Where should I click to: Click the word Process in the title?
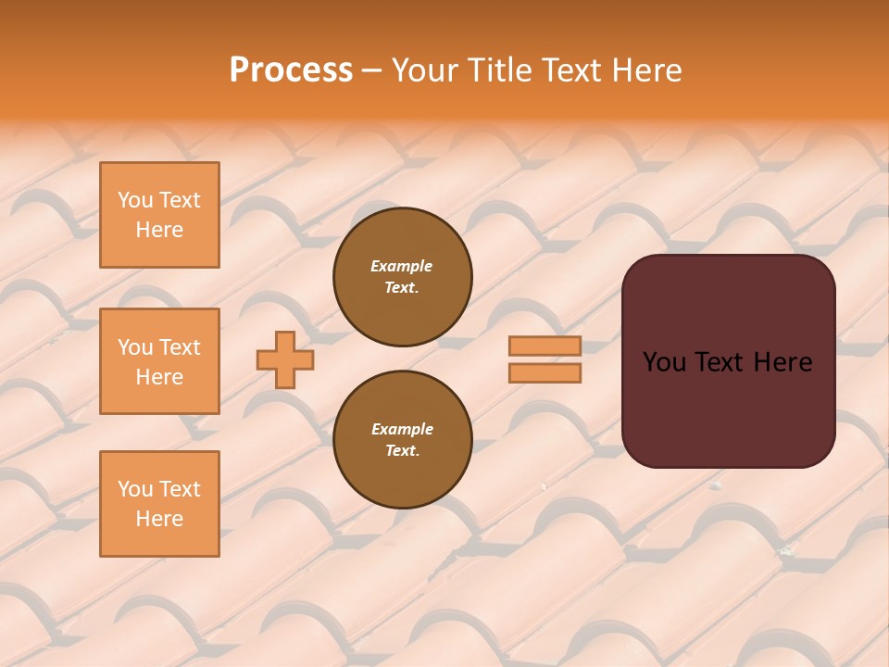[291, 70]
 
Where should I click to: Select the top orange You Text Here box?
[159, 215]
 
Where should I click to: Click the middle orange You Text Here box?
[159, 361]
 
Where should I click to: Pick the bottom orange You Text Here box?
[159, 504]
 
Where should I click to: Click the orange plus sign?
[285, 359]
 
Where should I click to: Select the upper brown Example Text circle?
[403, 277]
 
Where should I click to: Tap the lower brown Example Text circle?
[403, 440]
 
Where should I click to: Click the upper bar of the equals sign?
[545, 346]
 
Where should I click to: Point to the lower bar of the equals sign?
[545, 372]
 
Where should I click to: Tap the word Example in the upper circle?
[401, 266]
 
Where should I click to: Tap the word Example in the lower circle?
[402, 429]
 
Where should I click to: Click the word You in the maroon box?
[664, 362]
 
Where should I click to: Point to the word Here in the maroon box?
[783, 362]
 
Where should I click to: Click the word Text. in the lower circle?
[402, 451]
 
